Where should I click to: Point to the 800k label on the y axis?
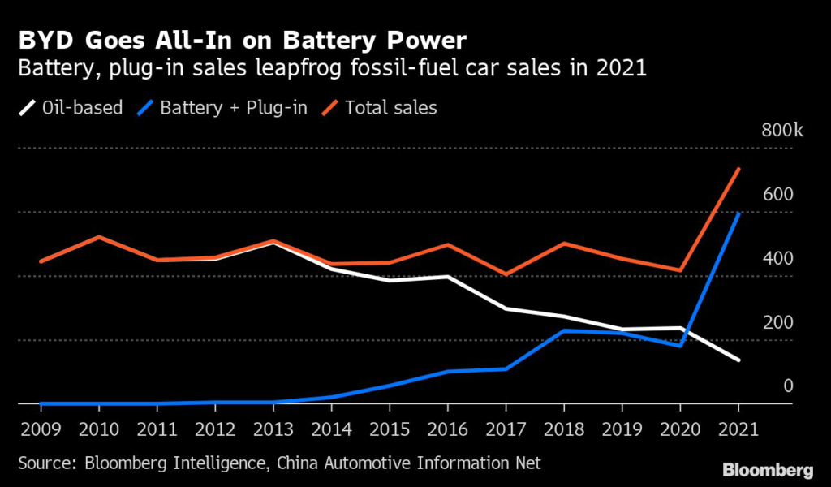coord(781,131)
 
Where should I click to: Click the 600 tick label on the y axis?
coord(777,195)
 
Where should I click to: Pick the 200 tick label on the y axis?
coord(777,323)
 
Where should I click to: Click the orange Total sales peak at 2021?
coord(738,169)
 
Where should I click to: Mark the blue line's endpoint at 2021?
coord(738,213)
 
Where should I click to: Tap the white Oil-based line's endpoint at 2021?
coord(738,360)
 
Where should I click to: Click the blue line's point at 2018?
coord(564,330)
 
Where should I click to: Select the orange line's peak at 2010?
coord(99,237)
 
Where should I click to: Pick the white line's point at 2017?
coord(506,308)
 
